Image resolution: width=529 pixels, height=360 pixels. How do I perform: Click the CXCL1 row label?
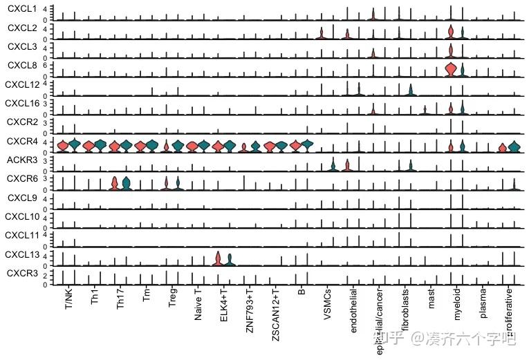click(x=21, y=9)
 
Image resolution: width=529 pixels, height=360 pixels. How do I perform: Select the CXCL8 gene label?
click(x=21, y=66)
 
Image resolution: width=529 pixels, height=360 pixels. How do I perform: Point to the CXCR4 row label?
click(x=21, y=142)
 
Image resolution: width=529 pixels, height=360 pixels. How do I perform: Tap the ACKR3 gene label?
click(x=21, y=160)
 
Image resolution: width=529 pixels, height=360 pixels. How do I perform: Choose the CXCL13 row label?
click(x=21, y=255)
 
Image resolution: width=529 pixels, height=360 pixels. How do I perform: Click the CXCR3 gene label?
click(x=21, y=274)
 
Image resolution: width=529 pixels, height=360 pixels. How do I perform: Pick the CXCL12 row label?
click(x=21, y=85)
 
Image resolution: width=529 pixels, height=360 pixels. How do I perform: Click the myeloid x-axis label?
click(x=457, y=308)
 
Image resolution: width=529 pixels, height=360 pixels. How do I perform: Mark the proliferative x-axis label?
click(x=509, y=314)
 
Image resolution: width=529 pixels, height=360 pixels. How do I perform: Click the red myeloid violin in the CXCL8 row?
click(x=451, y=69)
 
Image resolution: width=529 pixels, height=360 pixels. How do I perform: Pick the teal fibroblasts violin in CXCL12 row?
click(x=411, y=90)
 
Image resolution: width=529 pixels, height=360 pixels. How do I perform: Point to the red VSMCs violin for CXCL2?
click(x=322, y=35)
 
